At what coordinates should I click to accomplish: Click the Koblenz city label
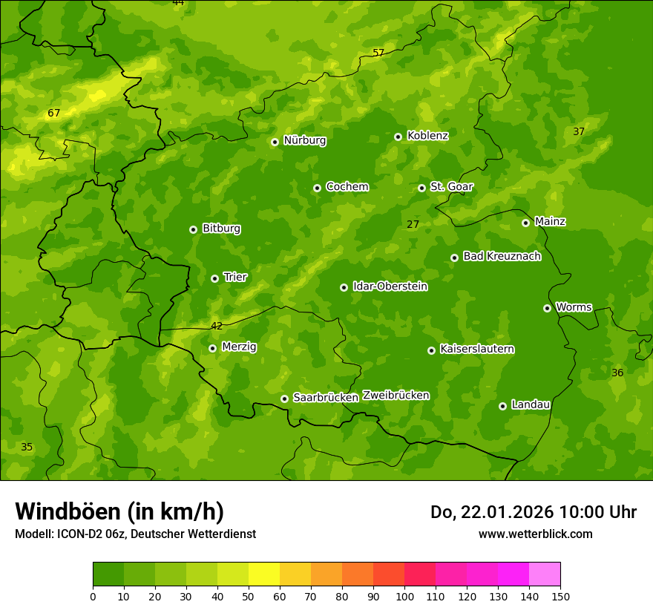(x=427, y=136)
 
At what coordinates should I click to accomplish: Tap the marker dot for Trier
(x=214, y=278)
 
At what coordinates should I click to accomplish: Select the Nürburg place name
(x=304, y=140)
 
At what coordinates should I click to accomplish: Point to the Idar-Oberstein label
(x=390, y=286)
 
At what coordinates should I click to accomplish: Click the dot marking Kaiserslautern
(x=431, y=350)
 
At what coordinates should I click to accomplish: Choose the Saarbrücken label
(x=326, y=398)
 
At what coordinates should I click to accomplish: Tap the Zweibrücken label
(x=396, y=396)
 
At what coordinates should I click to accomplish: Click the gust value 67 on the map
(x=53, y=114)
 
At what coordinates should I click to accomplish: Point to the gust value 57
(x=378, y=53)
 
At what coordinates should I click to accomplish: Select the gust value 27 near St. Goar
(x=413, y=224)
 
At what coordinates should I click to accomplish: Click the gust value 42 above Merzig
(x=217, y=326)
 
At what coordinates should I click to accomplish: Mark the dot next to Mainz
(x=525, y=223)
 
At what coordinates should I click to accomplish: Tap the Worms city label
(x=574, y=307)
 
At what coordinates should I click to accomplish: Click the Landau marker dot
(x=502, y=406)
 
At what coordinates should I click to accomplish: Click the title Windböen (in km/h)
(x=119, y=511)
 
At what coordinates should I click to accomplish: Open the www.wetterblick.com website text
(x=535, y=534)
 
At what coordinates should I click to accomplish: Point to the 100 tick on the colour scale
(x=404, y=596)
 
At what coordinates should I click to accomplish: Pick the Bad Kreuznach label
(x=502, y=256)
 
